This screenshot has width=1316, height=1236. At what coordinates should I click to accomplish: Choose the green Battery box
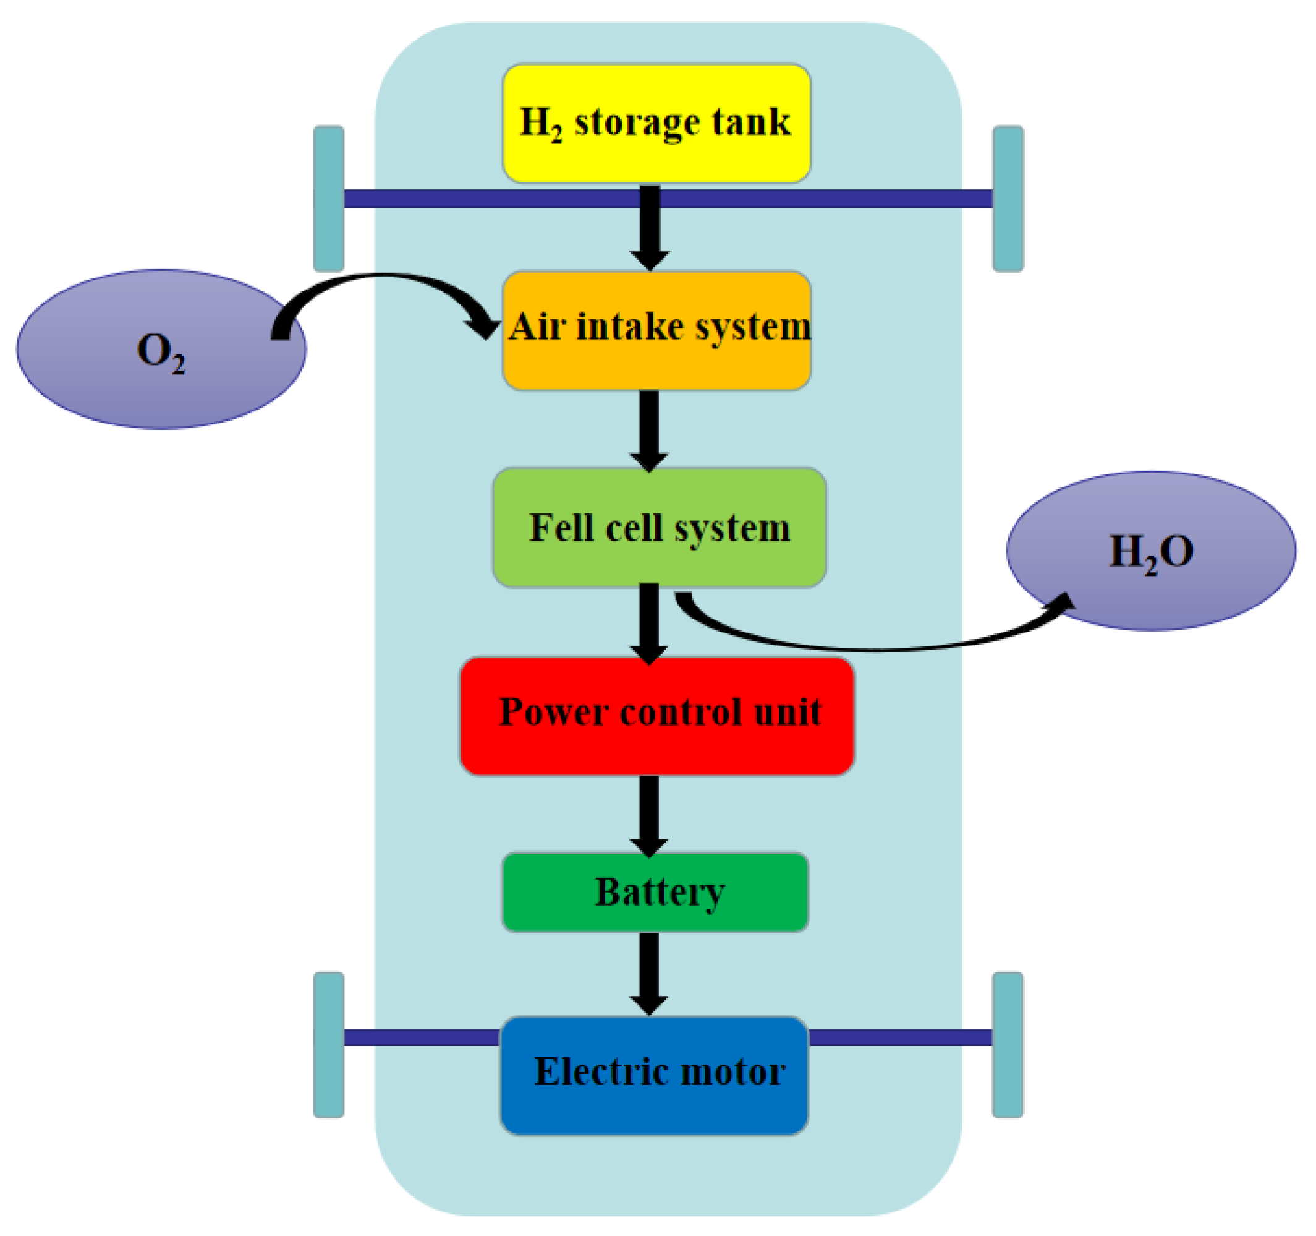pos(655,893)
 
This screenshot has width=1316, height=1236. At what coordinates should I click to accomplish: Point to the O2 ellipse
pos(161,350)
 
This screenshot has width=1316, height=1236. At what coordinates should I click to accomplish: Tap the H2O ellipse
pos(1150,551)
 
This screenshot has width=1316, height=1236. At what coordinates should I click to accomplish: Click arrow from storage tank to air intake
pos(650,228)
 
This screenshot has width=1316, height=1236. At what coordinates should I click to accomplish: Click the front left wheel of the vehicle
pos(329,199)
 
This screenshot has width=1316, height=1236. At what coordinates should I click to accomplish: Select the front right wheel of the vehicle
pos(1008,199)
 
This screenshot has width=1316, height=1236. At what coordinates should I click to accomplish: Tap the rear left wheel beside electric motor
pos(329,1045)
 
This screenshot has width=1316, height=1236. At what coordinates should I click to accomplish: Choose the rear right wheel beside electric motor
pos(1008,1045)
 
